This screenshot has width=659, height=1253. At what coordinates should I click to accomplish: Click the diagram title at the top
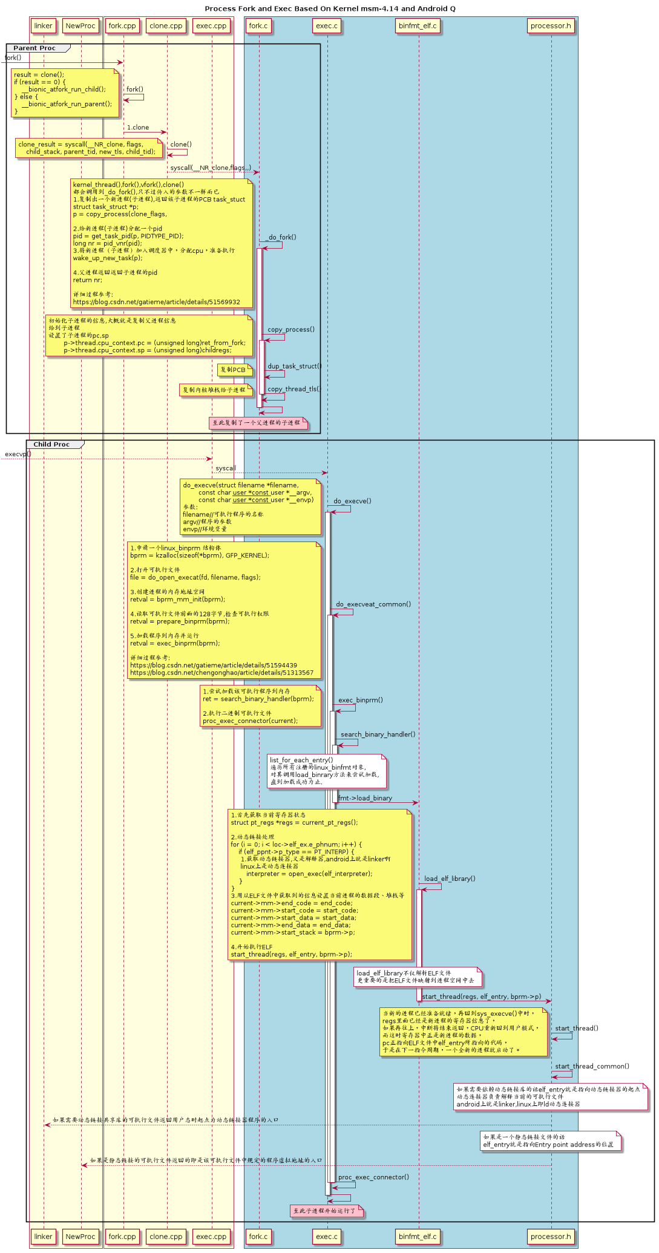coord(330,8)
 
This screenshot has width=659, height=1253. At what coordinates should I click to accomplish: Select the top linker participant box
coord(44,25)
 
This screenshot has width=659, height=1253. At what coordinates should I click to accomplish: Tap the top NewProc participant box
coord(80,25)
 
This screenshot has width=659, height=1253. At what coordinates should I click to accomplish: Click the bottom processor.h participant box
coord(551,1237)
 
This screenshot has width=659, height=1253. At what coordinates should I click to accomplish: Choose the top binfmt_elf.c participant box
coord(418,25)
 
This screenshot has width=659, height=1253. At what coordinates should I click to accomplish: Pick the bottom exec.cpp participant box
coord(211,1237)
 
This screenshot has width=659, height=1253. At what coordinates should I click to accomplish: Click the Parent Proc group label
coord(34,48)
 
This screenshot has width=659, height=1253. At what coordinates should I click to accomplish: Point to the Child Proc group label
coord(51,444)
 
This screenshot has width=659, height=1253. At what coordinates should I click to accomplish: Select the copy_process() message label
coord(291,330)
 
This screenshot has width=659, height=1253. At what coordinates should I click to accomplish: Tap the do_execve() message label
coord(352,501)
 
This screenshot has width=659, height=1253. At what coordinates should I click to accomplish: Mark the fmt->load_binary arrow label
coord(365,798)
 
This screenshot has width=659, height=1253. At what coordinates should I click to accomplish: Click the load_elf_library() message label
coord(450,878)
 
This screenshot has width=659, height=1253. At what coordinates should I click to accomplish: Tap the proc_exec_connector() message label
coord(373,1177)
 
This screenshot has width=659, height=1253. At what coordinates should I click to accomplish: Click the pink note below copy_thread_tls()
coord(258,423)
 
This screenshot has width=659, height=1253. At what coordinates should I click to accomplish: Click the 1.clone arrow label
coord(138,128)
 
